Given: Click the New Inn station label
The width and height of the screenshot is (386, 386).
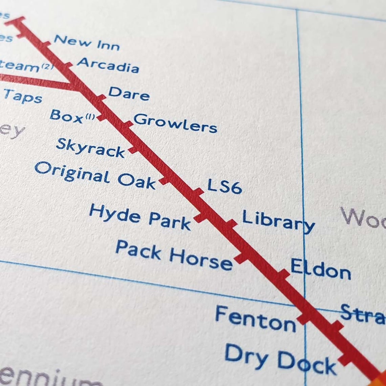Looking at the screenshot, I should (87, 42).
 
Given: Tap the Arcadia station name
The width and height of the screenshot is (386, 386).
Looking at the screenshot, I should (108, 65).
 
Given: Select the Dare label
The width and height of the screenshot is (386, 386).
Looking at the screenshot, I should (129, 93).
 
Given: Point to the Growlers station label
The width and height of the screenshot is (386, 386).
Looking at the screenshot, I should (175, 123).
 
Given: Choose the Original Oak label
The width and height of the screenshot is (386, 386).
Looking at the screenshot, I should (95, 175).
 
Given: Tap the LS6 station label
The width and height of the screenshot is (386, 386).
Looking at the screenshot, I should (224, 186).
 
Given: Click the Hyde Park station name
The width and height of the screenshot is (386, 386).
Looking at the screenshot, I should (140, 217).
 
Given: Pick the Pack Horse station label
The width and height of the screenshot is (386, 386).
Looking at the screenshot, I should (174, 255).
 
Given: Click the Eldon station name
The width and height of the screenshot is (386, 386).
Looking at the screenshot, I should (320, 270).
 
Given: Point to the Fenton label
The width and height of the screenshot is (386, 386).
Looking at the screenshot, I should (255, 319).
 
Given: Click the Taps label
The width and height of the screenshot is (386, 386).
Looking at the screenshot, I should (23, 96).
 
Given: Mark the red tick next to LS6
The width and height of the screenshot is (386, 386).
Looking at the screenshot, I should (198, 192).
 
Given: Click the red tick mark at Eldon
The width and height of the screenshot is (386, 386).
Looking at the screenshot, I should (284, 274).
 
